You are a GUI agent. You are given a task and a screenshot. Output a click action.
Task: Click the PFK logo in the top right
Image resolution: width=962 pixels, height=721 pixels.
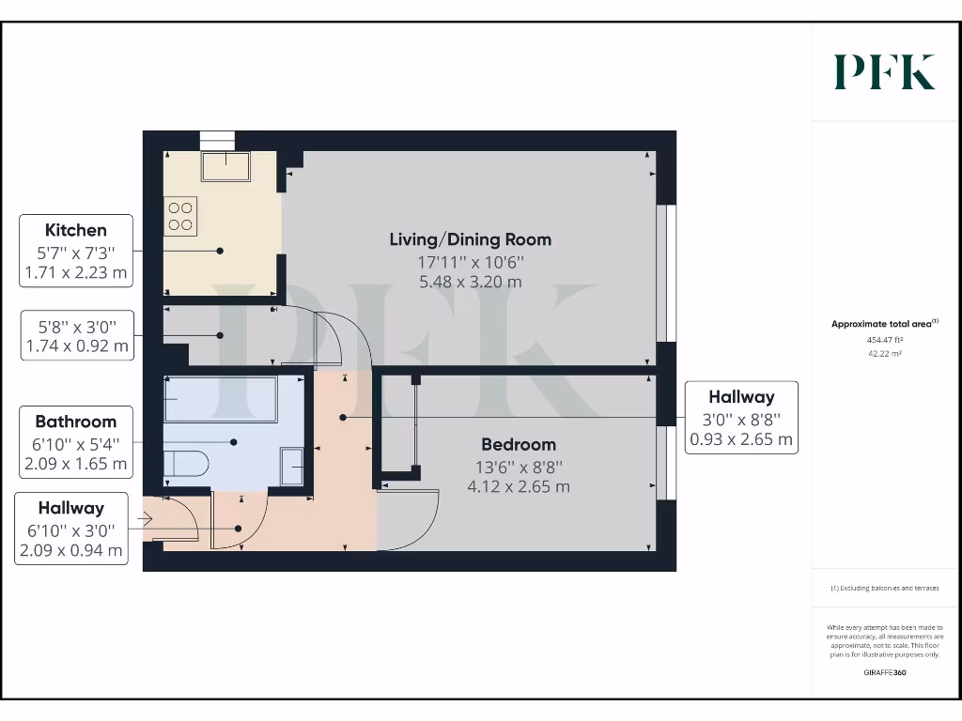coord(884,72)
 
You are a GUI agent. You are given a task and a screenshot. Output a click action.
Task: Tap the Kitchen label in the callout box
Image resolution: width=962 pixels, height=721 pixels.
coord(76,230)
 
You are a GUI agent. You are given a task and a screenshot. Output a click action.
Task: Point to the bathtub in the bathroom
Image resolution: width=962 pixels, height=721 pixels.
coord(220,398)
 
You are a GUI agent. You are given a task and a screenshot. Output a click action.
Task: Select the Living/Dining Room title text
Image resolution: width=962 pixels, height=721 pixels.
coord(470,239)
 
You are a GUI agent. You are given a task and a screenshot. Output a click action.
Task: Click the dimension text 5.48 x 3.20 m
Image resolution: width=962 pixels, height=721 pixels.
coord(470,282)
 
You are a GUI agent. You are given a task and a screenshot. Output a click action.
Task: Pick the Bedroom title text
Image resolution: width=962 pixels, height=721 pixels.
coord(519,444)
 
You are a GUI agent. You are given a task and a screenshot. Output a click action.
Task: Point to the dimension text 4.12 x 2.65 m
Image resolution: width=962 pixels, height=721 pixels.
coord(519,486)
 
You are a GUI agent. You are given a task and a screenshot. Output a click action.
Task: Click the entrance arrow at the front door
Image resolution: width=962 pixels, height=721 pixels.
coord(145,517)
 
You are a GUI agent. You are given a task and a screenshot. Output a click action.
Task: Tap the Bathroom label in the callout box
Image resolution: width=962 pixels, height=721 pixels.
coord(76,422)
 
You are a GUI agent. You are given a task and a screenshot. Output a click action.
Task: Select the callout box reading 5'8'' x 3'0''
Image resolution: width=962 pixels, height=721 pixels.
coord(76,335)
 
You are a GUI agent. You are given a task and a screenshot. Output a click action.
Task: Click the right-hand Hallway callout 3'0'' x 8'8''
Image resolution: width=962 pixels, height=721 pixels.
coord(741,418)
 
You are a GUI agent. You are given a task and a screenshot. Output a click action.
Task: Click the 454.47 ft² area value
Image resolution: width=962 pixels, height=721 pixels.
coord(884,342)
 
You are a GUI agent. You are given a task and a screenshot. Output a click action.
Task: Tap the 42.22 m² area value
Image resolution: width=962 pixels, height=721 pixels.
coord(884,354)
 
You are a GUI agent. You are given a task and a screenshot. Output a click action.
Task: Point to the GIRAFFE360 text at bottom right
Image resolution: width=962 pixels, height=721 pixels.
coord(884,672)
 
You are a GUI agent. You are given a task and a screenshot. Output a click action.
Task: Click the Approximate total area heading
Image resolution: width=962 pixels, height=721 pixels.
coord(884,324)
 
